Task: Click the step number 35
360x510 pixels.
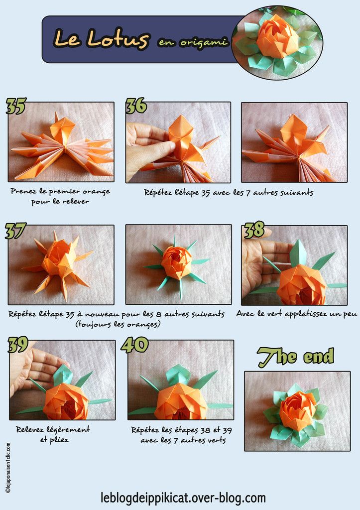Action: pos(16,106)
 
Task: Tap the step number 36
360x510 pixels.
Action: pos(136,106)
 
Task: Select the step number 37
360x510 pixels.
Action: pos(15,231)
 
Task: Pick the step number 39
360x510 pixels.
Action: pos(18,345)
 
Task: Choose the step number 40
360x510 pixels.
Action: pos(134,345)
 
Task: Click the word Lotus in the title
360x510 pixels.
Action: pos(118,39)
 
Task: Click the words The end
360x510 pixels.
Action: pos(296,357)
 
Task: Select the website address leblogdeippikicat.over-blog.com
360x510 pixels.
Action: pos(183,498)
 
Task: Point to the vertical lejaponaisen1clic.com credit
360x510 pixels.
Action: pos(8,467)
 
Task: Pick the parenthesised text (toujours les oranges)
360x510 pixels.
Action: pos(118,324)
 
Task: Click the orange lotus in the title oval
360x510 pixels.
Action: pos(277,37)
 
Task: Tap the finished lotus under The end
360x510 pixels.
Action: pos(297,411)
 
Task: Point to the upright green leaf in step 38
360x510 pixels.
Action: pos(298,254)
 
